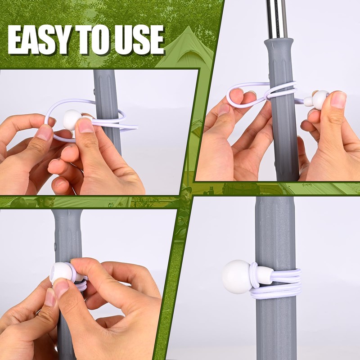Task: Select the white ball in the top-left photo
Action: coord(72,119)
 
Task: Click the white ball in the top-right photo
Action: coord(320,99)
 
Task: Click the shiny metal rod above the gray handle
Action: coord(276,18)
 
